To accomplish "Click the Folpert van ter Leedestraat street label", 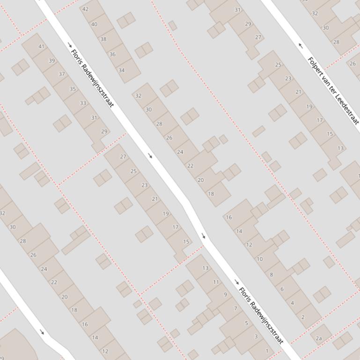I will pos(333,90).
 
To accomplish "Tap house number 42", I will pos(85,9).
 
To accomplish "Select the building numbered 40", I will pos(95,24).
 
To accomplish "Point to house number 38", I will pos(103,39).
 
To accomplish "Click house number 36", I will pos(112,54).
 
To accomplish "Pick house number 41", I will pos(42,46).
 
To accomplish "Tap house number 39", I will pos(51,61).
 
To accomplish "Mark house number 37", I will pos(62,74).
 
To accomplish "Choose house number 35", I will pos(73,89).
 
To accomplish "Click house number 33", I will pos(83,103).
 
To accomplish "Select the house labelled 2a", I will pos(319,338).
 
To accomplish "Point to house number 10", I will pos(260,259).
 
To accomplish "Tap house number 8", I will pos(271,274).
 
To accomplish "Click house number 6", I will pos(282,289).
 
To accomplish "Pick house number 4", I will pos(293,303).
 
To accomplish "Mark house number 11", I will pos(216,282).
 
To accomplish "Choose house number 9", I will pos(225,295).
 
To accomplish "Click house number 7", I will pos(235,309).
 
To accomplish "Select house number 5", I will pos(246,323).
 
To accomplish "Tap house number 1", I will pos(267,351).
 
